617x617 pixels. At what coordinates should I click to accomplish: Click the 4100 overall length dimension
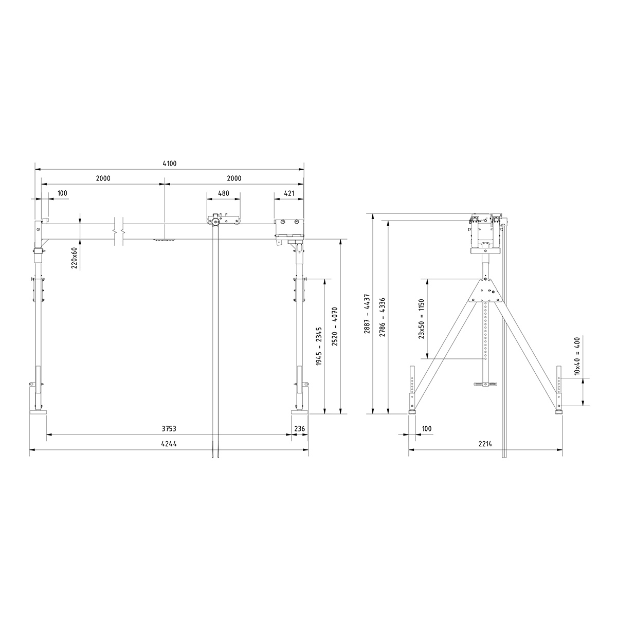click(x=170, y=164)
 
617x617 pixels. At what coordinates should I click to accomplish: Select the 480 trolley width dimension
click(x=223, y=193)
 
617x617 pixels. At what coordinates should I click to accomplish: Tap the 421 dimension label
click(x=288, y=193)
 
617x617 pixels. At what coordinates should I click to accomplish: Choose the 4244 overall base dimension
click(x=170, y=444)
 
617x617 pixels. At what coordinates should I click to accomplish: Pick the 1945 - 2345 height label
click(x=319, y=346)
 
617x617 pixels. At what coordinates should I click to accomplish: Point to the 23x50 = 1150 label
click(x=421, y=319)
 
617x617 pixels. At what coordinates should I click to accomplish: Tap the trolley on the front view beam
click(x=223, y=220)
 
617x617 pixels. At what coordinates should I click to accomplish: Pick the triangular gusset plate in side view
click(x=486, y=291)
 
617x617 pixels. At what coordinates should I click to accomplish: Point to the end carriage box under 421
click(x=289, y=229)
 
